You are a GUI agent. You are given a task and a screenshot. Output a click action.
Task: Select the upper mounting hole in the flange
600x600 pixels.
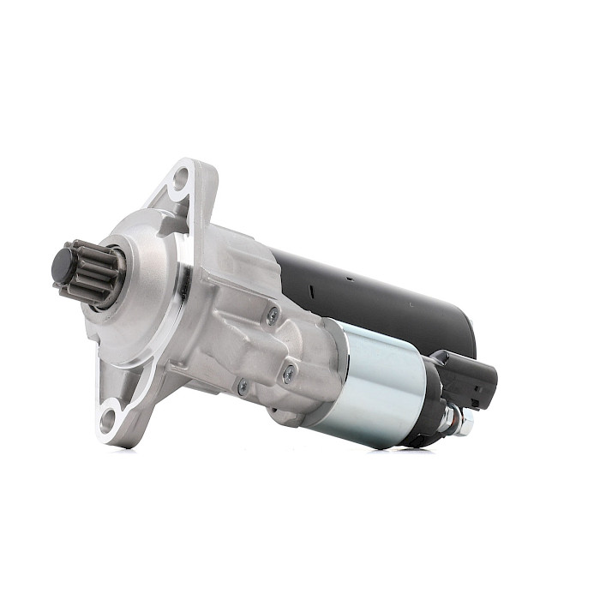pyautogui.click(x=181, y=179)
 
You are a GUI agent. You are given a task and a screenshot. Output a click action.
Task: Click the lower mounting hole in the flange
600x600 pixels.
pyautogui.click(x=108, y=420)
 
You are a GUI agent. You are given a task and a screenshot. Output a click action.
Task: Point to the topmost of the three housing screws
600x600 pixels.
pyautogui.click(x=272, y=315)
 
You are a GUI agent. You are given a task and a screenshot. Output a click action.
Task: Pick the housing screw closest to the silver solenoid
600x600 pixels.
pyautogui.click(x=289, y=373)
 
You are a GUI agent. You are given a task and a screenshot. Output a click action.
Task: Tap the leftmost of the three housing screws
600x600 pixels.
pyautogui.click(x=243, y=387)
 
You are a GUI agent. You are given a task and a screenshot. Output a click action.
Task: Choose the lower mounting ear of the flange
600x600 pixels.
pyautogui.click(x=116, y=416)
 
